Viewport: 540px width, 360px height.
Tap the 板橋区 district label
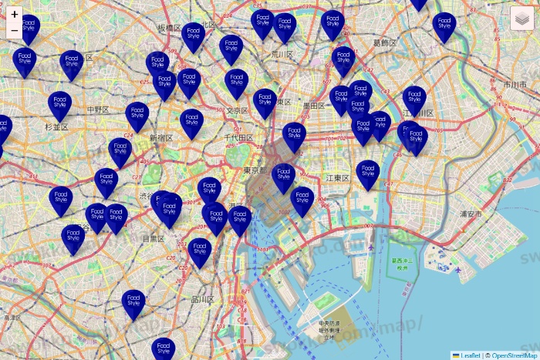click(168, 28)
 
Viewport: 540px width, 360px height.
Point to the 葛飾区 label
click(386, 42)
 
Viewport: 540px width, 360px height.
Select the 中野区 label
click(98, 109)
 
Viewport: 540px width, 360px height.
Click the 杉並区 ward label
click(56, 126)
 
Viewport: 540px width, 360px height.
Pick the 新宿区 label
click(161, 137)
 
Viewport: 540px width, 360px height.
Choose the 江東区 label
click(338, 178)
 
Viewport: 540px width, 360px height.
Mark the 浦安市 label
click(471, 214)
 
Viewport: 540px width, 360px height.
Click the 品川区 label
click(203, 299)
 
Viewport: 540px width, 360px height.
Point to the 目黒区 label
click(153, 239)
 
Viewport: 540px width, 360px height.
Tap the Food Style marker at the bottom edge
click(163, 348)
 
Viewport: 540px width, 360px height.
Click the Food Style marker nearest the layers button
click(444, 25)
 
